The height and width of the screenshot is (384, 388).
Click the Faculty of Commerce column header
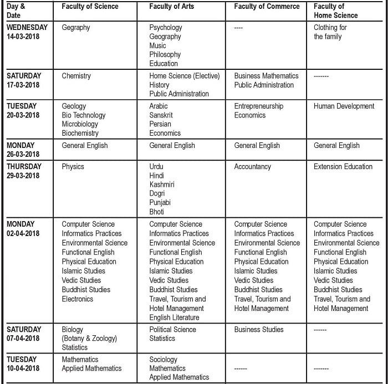point(267,7)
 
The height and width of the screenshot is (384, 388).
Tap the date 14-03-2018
point(23,37)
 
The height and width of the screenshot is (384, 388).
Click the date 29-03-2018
point(23,176)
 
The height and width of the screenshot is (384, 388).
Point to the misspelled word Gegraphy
point(76,27)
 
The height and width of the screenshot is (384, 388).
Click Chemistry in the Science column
point(76,76)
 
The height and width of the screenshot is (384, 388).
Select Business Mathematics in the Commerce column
point(266,76)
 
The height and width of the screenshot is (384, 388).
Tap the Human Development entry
point(344,106)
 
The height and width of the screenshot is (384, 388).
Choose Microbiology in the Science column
point(80,124)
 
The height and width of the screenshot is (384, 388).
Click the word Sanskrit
point(162,115)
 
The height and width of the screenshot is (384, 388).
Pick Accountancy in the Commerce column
point(252,166)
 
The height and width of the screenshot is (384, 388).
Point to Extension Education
point(343,166)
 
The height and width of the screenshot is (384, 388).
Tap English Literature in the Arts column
point(174,318)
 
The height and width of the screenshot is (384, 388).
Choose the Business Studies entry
point(258,329)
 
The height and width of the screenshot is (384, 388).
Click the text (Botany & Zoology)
point(89,339)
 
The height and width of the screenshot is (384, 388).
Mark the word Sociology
point(164,359)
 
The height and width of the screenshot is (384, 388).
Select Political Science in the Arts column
point(172,329)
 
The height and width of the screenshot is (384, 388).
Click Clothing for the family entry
point(330,32)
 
